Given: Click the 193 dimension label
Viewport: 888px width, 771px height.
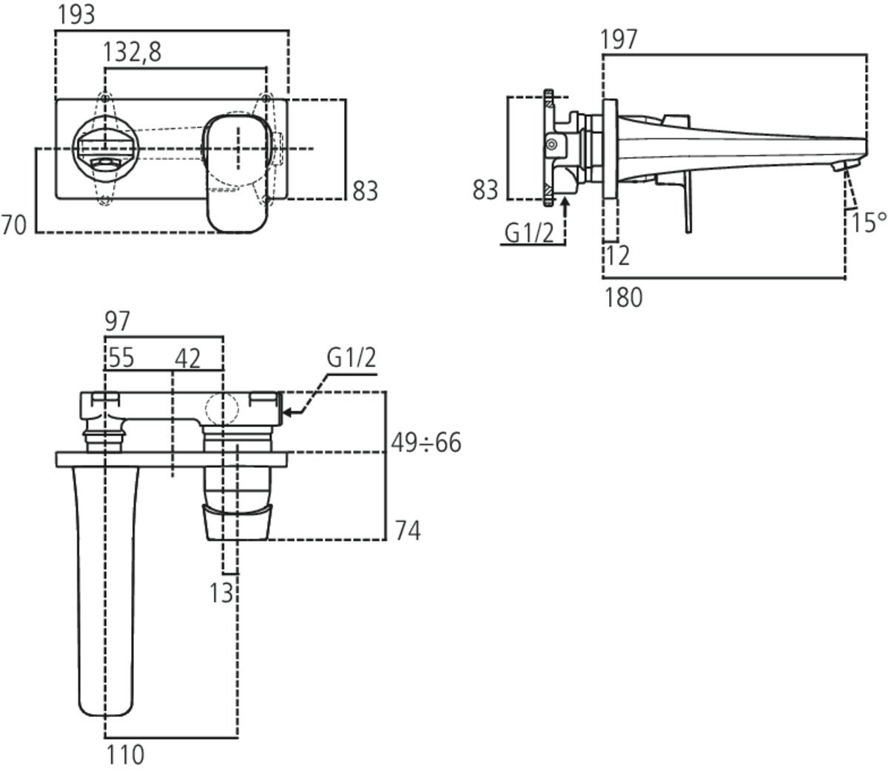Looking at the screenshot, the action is [x=76, y=15].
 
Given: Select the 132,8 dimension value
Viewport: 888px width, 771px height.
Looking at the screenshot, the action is [x=132, y=52].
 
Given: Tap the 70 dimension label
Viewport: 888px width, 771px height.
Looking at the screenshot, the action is [x=14, y=225].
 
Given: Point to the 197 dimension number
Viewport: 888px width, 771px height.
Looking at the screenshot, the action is [x=619, y=39].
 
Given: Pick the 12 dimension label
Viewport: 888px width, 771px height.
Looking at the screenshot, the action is [x=617, y=256].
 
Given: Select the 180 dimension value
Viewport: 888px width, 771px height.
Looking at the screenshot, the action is [x=624, y=298].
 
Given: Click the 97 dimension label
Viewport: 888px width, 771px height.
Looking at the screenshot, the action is [x=117, y=322].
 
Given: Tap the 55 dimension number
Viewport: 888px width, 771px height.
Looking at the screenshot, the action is [x=121, y=358].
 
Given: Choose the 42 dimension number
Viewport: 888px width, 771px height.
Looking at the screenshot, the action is [x=187, y=359].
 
